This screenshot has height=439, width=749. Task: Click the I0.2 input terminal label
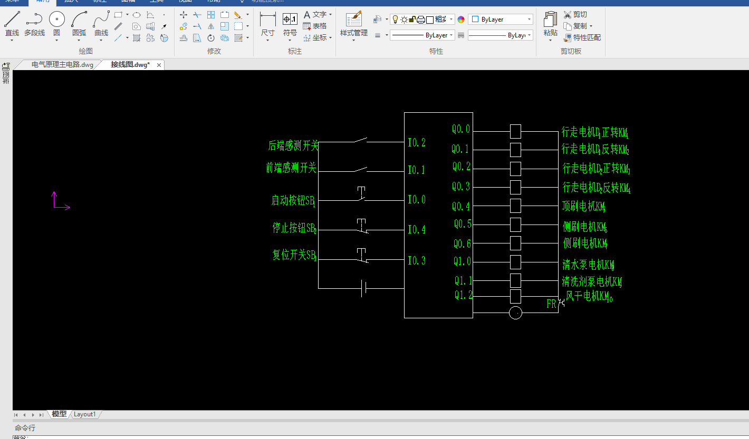416,143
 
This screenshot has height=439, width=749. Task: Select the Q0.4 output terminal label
460,206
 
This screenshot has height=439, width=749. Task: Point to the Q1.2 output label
463,295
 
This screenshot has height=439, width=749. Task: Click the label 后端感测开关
293,145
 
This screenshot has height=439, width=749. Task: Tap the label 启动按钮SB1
293,201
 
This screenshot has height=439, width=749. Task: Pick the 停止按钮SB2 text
294,228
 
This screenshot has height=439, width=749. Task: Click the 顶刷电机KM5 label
583,207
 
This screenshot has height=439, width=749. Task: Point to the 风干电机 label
589,297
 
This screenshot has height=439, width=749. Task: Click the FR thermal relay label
551,304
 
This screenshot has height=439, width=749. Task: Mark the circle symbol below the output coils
515,313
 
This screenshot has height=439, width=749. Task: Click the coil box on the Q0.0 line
515,131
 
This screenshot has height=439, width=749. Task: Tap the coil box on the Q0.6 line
515,243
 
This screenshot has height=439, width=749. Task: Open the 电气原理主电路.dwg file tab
62,65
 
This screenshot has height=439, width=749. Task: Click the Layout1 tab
85,414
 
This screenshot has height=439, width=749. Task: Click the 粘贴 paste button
550,25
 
